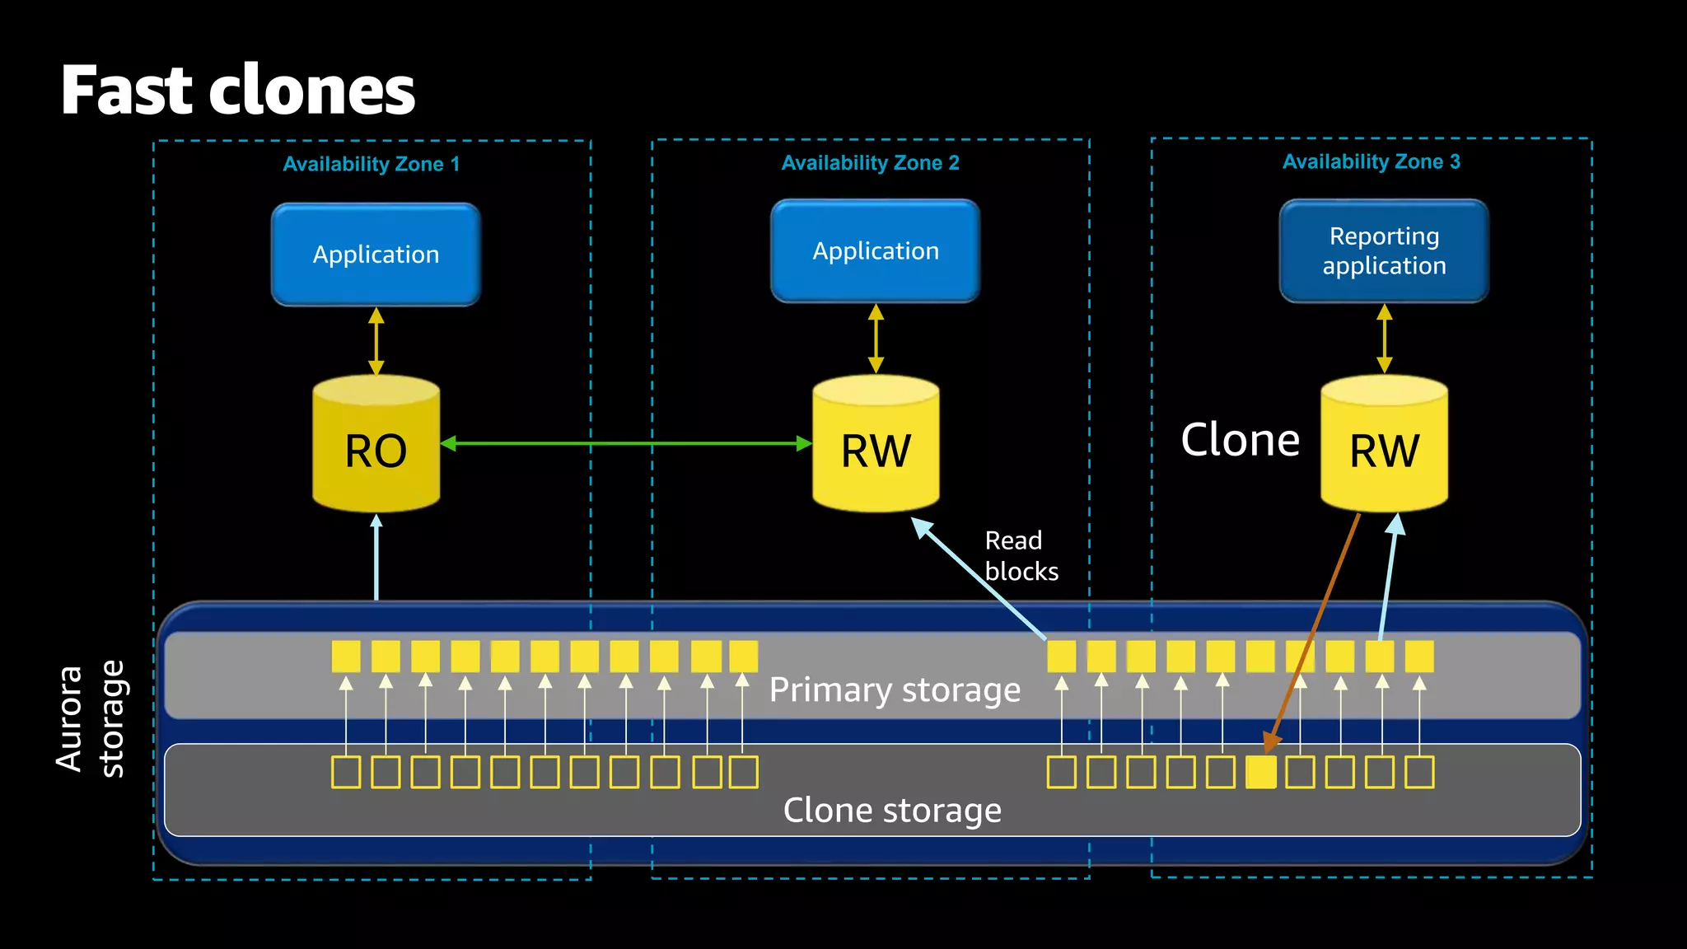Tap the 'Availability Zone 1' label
tap(371, 164)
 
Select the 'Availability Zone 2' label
tap(870, 162)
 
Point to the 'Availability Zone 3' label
tap(1371, 161)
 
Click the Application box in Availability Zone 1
tap(376, 255)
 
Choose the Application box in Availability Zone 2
tap(876, 251)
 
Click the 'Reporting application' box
tap(1384, 251)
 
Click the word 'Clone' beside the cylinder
tap(1240, 440)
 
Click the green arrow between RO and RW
tap(626, 443)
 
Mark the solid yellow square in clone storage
tap(1260, 773)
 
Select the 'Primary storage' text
tap(895, 690)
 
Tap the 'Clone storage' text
tap(892, 811)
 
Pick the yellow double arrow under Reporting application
tap(1384, 339)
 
